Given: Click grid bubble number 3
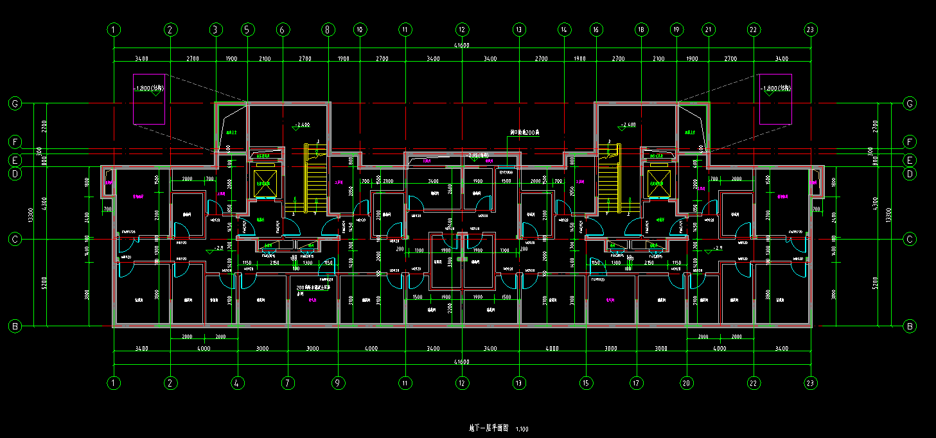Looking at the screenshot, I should coord(216,30).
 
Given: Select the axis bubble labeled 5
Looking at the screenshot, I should coord(248,30).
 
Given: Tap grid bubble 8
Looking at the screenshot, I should coord(328,30).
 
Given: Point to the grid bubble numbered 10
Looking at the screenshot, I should coord(360,30).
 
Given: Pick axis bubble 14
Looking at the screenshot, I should coord(564,30).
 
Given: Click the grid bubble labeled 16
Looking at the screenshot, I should coord(596,30).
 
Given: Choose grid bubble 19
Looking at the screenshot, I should coord(676,30).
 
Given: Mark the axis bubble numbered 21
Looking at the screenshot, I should coord(709,30).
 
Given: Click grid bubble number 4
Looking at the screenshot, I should coord(238,383).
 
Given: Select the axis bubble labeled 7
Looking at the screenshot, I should coord(288,383).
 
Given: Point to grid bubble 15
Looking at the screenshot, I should coord(586,383).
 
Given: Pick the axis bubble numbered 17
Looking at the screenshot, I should coord(636,383).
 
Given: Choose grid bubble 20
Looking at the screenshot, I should coord(687,383).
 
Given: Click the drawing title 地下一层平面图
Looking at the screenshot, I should coord(489,428).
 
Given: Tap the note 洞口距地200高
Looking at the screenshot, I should coord(525,132).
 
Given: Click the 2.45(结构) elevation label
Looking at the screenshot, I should coord(478,155).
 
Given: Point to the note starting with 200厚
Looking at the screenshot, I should coord(313,287).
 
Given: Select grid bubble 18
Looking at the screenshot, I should coord(640,30).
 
